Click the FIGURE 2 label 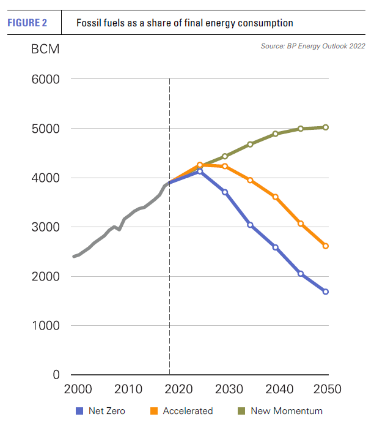[27, 23]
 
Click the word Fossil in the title [89, 23]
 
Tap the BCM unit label [45, 50]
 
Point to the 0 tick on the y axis [55, 375]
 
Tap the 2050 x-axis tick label [326, 389]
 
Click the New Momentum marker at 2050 [326, 127]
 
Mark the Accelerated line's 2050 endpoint [326, 246]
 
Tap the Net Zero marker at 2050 [326, 292]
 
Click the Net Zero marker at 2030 [225, 192]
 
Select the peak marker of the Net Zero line [200, 171]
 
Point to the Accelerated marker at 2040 [276, 197]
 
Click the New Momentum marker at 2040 [276, 134]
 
